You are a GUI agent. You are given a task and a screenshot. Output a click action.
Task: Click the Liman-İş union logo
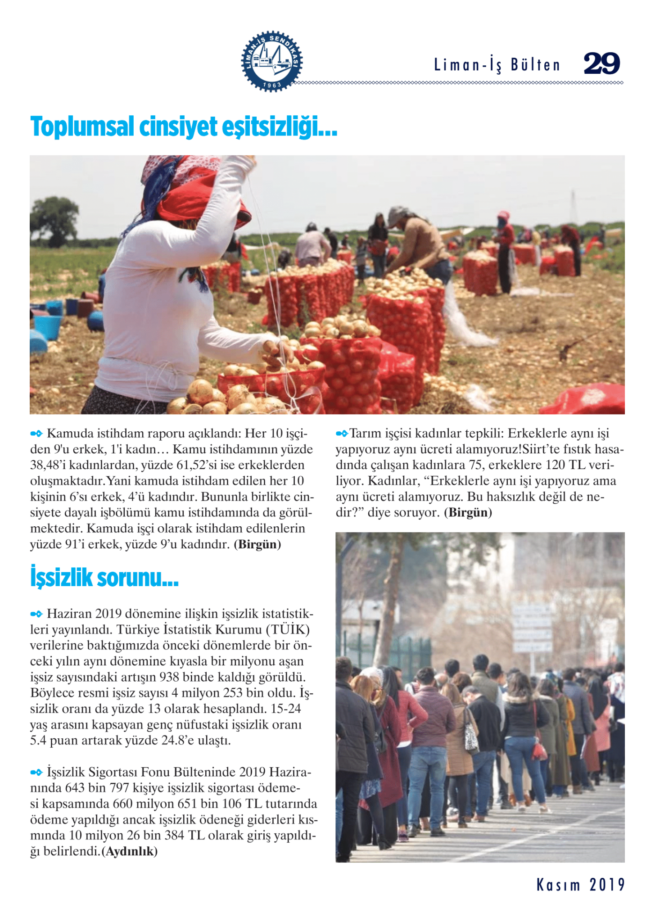tap(272, 62)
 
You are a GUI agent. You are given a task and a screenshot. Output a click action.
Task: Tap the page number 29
tap(602, 63)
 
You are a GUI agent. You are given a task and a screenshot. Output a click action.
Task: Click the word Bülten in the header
tap(535, 65)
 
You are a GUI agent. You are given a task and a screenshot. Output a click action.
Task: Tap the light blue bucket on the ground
tap(48, 325)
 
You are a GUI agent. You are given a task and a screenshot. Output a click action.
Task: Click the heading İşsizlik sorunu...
tap(104, 578)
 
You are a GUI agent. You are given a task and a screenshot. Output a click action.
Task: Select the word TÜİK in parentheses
tap(288, 629)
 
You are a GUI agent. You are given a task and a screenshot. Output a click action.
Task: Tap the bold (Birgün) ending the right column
tap(468, 512)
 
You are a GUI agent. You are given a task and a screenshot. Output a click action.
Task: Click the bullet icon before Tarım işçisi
tap(342, 434)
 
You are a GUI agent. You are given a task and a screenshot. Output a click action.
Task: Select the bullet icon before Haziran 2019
tap(36, 614)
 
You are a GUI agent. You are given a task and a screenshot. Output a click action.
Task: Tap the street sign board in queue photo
tap(532, 628)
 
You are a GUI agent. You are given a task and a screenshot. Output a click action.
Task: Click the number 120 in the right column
tap(556, 465)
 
